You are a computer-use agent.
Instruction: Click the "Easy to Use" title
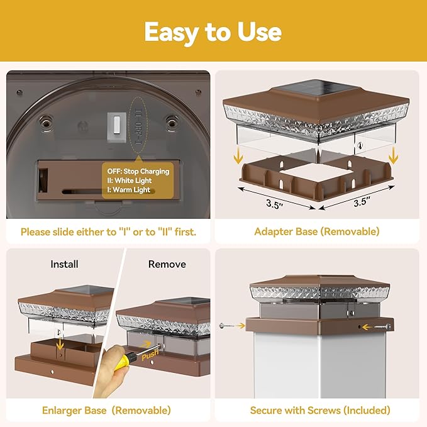point(213,33)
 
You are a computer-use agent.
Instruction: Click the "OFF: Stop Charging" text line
point(138,172)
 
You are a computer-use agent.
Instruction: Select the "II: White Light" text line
point(129,180)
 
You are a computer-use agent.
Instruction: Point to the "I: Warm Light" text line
point(128,190)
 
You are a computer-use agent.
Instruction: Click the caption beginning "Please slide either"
point(108,232)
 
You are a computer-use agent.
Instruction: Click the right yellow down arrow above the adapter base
point(393,155)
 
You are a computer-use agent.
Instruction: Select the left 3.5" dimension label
point(274,204)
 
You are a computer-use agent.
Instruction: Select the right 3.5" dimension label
point(362,202)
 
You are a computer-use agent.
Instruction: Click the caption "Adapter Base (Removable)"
point(317,231)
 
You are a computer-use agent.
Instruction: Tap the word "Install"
point(65,264)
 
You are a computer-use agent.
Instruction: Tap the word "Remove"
point(167,264)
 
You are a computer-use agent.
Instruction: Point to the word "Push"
point(150,355)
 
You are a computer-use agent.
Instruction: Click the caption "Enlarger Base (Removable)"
point(106,411)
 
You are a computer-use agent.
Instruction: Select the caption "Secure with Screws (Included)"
point(320,411)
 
